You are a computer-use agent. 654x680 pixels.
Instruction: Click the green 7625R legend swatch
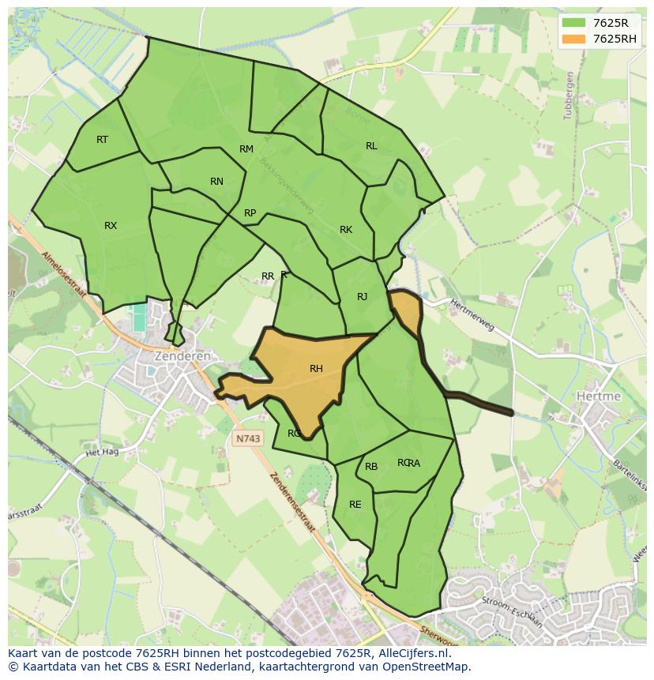click(573, 22)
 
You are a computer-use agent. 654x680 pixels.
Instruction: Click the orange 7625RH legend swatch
click(573, 39)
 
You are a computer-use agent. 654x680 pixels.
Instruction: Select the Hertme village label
click(599, 396)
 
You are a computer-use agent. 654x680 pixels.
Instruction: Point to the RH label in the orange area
click(316, 369)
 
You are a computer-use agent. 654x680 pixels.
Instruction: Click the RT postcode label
click(102, 140)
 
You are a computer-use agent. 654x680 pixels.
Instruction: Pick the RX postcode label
click(111, 226)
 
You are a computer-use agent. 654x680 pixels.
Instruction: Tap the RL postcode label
click(371, 146)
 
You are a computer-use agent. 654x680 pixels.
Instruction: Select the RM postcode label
click(246, 149)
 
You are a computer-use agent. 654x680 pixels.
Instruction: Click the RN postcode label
click(216, 182)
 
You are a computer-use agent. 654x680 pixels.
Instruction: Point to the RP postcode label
click(250, 213)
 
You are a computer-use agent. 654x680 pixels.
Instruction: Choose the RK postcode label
click(346, 230)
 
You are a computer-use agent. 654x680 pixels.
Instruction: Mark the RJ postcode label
click(362, 297)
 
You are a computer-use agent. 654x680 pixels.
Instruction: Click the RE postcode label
click(355, 505)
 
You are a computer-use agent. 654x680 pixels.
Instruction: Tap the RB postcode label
click(371, 467)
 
